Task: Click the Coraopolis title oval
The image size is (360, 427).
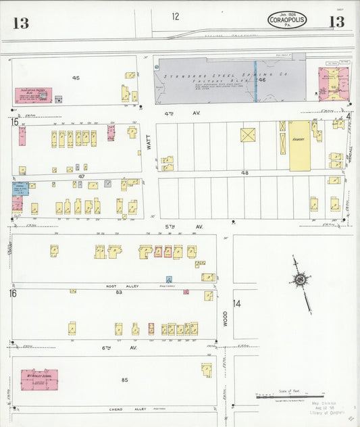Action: (x=287, y=20)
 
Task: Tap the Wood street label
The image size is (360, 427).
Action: (x=225, y=316)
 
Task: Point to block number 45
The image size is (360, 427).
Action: (x=76, y=78)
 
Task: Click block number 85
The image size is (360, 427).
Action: (x=124, y=380)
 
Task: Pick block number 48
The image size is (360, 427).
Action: (x=245, y=173)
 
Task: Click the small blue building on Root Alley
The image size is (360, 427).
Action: (x=169, y=278)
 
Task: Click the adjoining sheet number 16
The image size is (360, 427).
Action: (x=13, y=293)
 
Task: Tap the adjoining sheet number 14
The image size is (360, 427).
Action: (x=236, y=303)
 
